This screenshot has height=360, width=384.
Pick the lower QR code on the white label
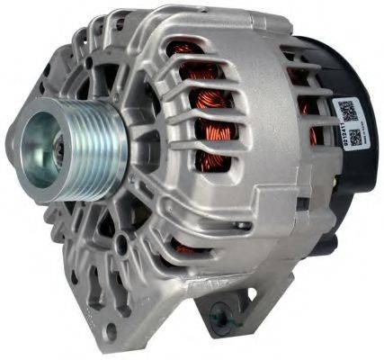click(x=354, y=139)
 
